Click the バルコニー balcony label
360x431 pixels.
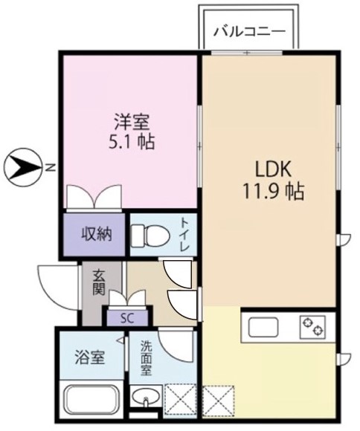[x=249, y=32]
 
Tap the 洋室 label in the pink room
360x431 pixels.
[x=132, y=123]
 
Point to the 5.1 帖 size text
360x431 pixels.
[x=132, y=142]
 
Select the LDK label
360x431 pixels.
[x=273, y=171]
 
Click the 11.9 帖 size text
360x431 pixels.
[x=273, y=191]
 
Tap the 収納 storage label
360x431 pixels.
[x=97, y=235]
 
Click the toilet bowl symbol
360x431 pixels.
[x=150, y=236]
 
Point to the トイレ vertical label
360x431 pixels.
[x=184, y=234]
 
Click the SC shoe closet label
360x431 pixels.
[x=127, y=318]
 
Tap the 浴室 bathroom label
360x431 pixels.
[x=90, y=357]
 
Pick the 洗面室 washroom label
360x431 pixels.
[x=146, y=358]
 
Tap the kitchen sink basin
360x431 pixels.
[x=263, y=327]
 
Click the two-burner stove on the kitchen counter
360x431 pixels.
[x=312, y=327]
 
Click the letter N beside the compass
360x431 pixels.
[x=50, y=167]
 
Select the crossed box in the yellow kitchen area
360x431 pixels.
[x=218, y=401]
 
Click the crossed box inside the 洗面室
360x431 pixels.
[x=180, y=401]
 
